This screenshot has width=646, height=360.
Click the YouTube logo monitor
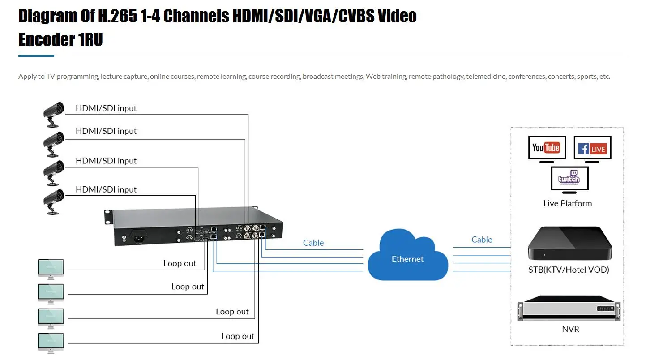point(546,148)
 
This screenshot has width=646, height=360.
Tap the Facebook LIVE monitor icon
point(592,148)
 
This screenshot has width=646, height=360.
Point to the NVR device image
point(569,309)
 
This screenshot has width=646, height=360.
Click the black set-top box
point(569,244)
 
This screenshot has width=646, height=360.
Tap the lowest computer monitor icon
point(51,342)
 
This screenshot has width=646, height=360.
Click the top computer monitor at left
point(51,269)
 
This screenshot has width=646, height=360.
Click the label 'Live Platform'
point(567,203)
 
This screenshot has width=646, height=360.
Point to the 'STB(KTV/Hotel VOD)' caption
point(569,270)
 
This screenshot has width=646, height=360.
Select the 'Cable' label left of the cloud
point(313,243)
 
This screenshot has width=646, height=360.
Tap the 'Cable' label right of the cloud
point(482,240)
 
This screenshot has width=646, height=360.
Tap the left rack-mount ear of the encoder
point(107,217)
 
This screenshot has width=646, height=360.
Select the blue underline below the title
point(36,56)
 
